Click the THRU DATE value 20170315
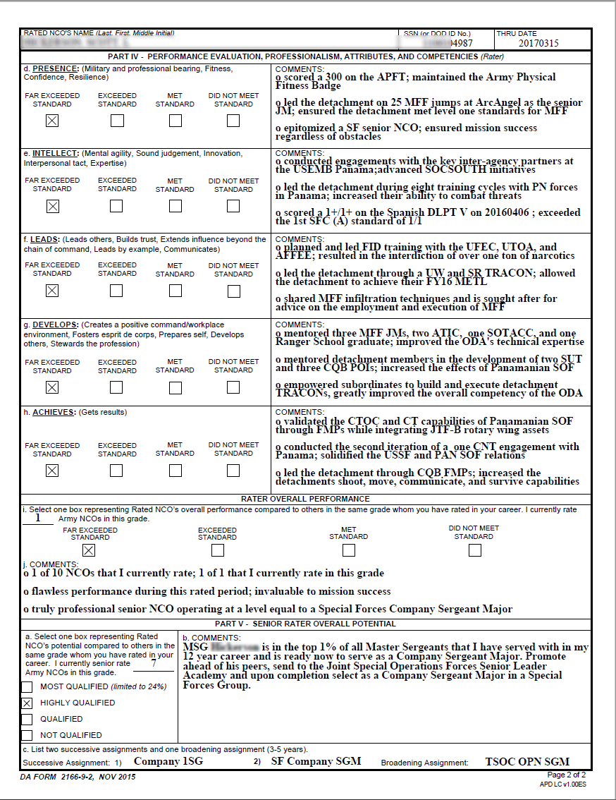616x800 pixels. click(x=538, y=43)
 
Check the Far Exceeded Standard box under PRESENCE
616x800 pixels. click(x=51, y=121)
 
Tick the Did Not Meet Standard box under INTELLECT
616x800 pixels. click(x=233, y=206)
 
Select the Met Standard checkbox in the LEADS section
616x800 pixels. click(x=175, y=291)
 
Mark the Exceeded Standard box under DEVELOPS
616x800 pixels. click(x=117, y=387)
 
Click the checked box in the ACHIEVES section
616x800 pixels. click(x=51, y=471)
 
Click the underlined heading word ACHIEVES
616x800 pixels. click(x=54, y=412)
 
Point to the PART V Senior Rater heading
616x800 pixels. click(x=305, y=624)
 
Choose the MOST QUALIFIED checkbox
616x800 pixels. click(x=27, y=687)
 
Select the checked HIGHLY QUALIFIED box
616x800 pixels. click(x=27, y=703)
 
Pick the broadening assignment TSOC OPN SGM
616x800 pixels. click(x=527, y=762)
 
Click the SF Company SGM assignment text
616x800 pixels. click(x=316, y=762)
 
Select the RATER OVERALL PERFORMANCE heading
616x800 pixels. click(x=305, y=499)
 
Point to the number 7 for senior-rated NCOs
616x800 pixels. click(x=154, y=663)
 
